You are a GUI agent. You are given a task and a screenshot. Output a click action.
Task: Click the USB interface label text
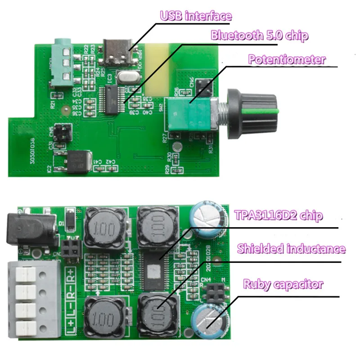[196, 16]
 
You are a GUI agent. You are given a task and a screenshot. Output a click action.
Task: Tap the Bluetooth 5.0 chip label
[260, 35]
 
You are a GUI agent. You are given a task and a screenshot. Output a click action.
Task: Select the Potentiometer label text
[287, 59]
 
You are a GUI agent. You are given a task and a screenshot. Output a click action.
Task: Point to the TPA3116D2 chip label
[279, 216]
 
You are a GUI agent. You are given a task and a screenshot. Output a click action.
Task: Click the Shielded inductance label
[291, 249]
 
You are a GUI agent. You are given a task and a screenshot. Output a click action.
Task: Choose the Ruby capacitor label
[283, 284]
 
